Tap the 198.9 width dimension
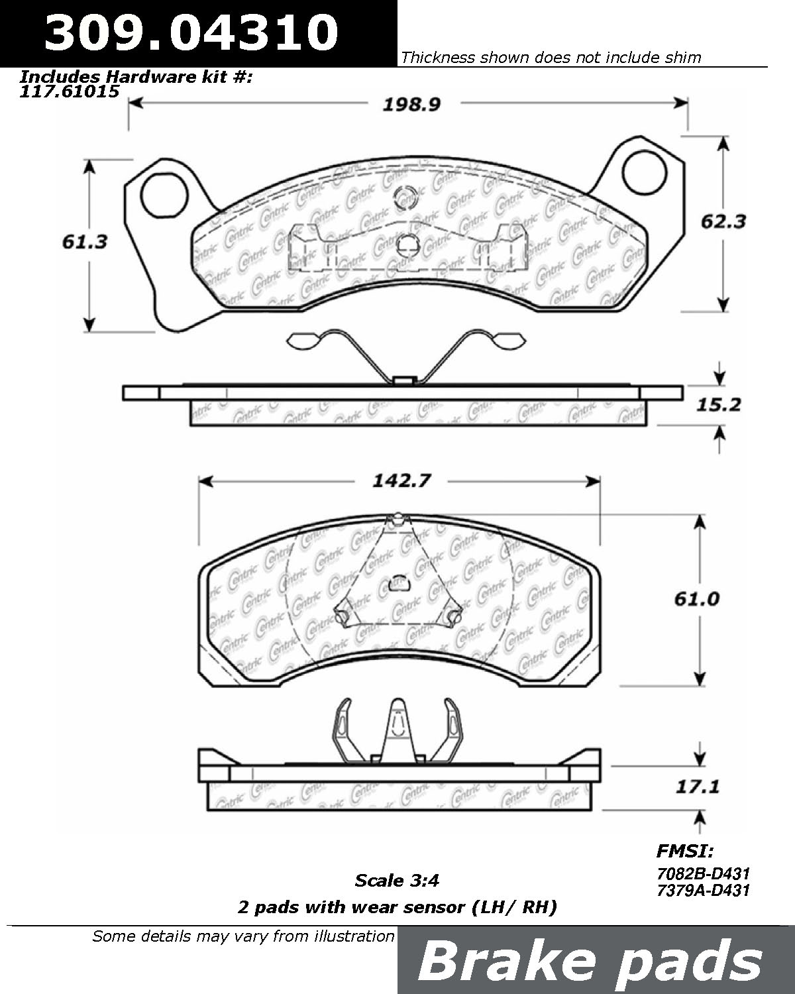coord(411,105)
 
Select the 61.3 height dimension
coord(85,242)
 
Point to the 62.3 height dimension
coord(723,222)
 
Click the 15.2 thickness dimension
coord(718,405)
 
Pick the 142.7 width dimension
coord(401,481)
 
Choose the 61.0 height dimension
coord(696,599)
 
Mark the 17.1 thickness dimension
coord(698,786)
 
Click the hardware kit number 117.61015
coord(70,91)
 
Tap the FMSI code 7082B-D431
coord(703,873)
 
